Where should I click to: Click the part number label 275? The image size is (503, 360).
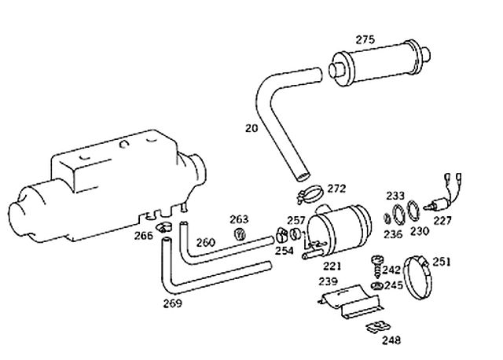[365, 40]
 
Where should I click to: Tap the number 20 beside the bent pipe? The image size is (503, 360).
[251, 128]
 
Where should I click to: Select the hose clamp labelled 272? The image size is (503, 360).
[309, 194]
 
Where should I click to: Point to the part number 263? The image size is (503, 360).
[239, 219]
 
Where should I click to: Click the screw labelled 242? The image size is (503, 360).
[377, 266]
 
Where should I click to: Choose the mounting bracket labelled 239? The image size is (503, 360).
[351, 302]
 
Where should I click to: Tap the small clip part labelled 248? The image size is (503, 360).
[378, 327]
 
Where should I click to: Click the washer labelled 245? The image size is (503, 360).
[376, 285]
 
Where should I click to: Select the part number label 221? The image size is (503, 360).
[332, 266]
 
